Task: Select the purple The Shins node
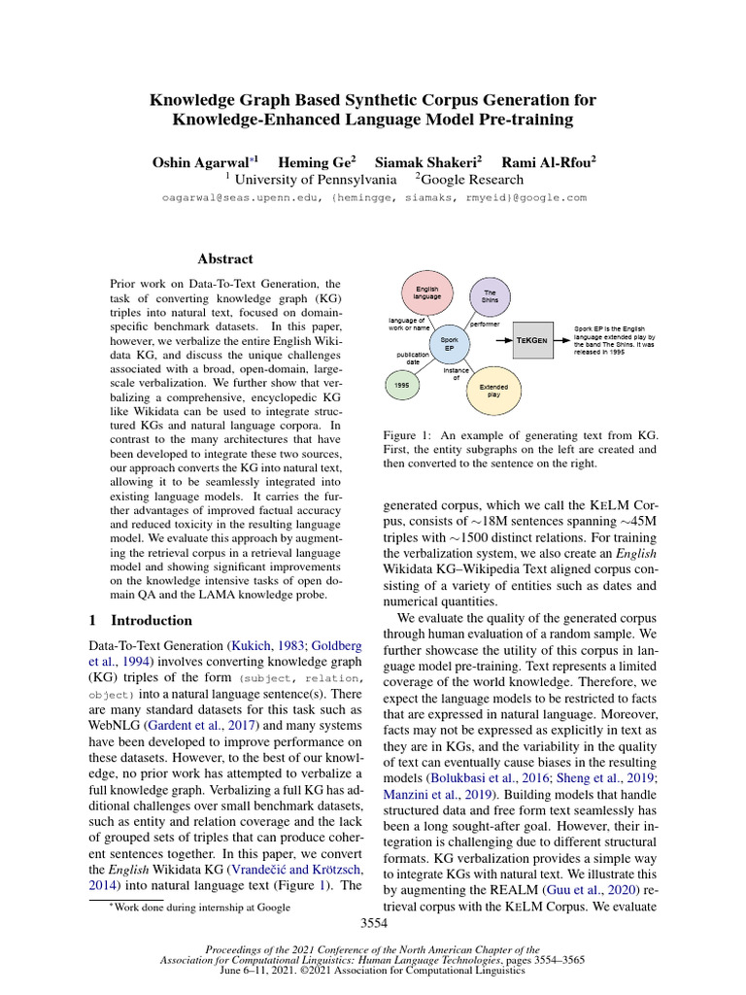tap(490, 296)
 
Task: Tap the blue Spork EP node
tap(449, 344)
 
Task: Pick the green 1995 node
tap(401, 387)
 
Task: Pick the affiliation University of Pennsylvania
tap(317, 179)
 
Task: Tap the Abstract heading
tap(225, 259)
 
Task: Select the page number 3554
tap(373, 923)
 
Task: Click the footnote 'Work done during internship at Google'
tap(200, 908)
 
